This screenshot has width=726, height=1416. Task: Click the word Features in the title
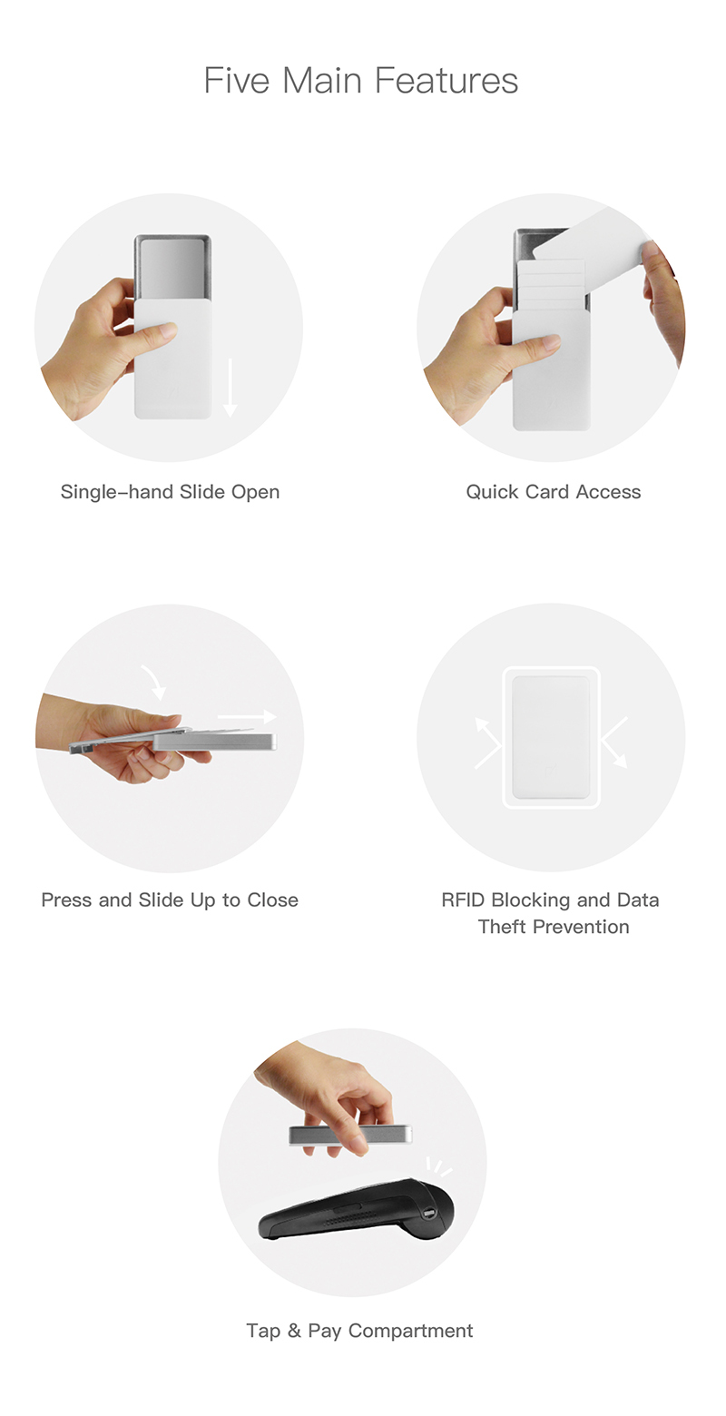(x=446, y=81)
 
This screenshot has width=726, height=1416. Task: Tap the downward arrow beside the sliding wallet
(x=230, y=388)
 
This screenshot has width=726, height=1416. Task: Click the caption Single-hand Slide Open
(x=170, y=492)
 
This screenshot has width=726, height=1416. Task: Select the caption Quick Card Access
(x=554, y=492)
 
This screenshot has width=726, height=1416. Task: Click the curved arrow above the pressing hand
(x=153, y=682)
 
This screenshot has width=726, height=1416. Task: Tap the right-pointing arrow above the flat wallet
(x=247, y=717)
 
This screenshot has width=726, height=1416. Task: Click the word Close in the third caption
(x=272, y=900)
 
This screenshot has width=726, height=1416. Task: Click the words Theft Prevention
(x=554, y=927)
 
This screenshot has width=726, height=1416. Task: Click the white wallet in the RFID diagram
(x=551, y=738)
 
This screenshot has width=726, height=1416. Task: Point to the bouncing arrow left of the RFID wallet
(x=488, y=742)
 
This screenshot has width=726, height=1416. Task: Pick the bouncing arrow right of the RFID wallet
(x=613, y=742)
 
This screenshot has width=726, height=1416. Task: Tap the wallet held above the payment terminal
(x=350, y=1135)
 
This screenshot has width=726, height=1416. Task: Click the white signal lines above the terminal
(x=438, y=1166)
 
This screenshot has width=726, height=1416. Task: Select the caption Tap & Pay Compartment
(x=359, y=1331)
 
